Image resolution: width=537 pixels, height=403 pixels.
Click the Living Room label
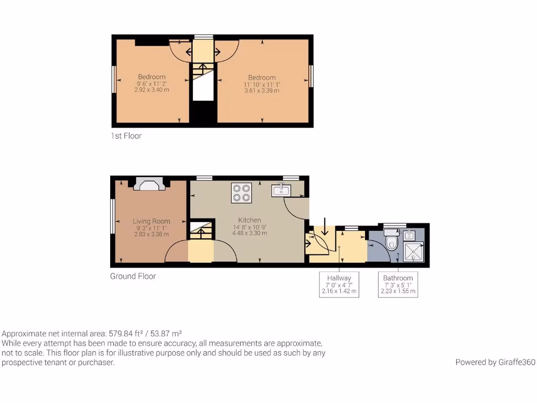click(151, 221)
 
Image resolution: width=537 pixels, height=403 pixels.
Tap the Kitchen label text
click(250, 220)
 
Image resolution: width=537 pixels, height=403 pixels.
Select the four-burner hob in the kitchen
click(241, 193)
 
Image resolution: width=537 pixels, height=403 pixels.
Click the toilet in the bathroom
click(391, 242)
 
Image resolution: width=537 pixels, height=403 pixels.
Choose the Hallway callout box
click(339, 284)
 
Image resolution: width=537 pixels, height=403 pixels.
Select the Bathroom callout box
click(398, 284)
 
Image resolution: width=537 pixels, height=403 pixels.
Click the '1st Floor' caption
click(126, 136)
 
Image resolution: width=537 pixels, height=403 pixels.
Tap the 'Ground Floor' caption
click(133, 276)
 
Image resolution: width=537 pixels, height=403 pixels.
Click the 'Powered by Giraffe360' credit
click(495, 362)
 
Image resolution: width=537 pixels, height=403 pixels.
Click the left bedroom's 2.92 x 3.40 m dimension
click(152, 90)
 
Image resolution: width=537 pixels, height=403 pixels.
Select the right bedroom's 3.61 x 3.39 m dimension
click(262, 90)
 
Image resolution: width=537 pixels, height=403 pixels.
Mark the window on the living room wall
click(112, 216)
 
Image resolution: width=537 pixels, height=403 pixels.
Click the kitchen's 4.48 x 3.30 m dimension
click(250, 233)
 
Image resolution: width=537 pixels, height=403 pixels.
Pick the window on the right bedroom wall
click(311, 76)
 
